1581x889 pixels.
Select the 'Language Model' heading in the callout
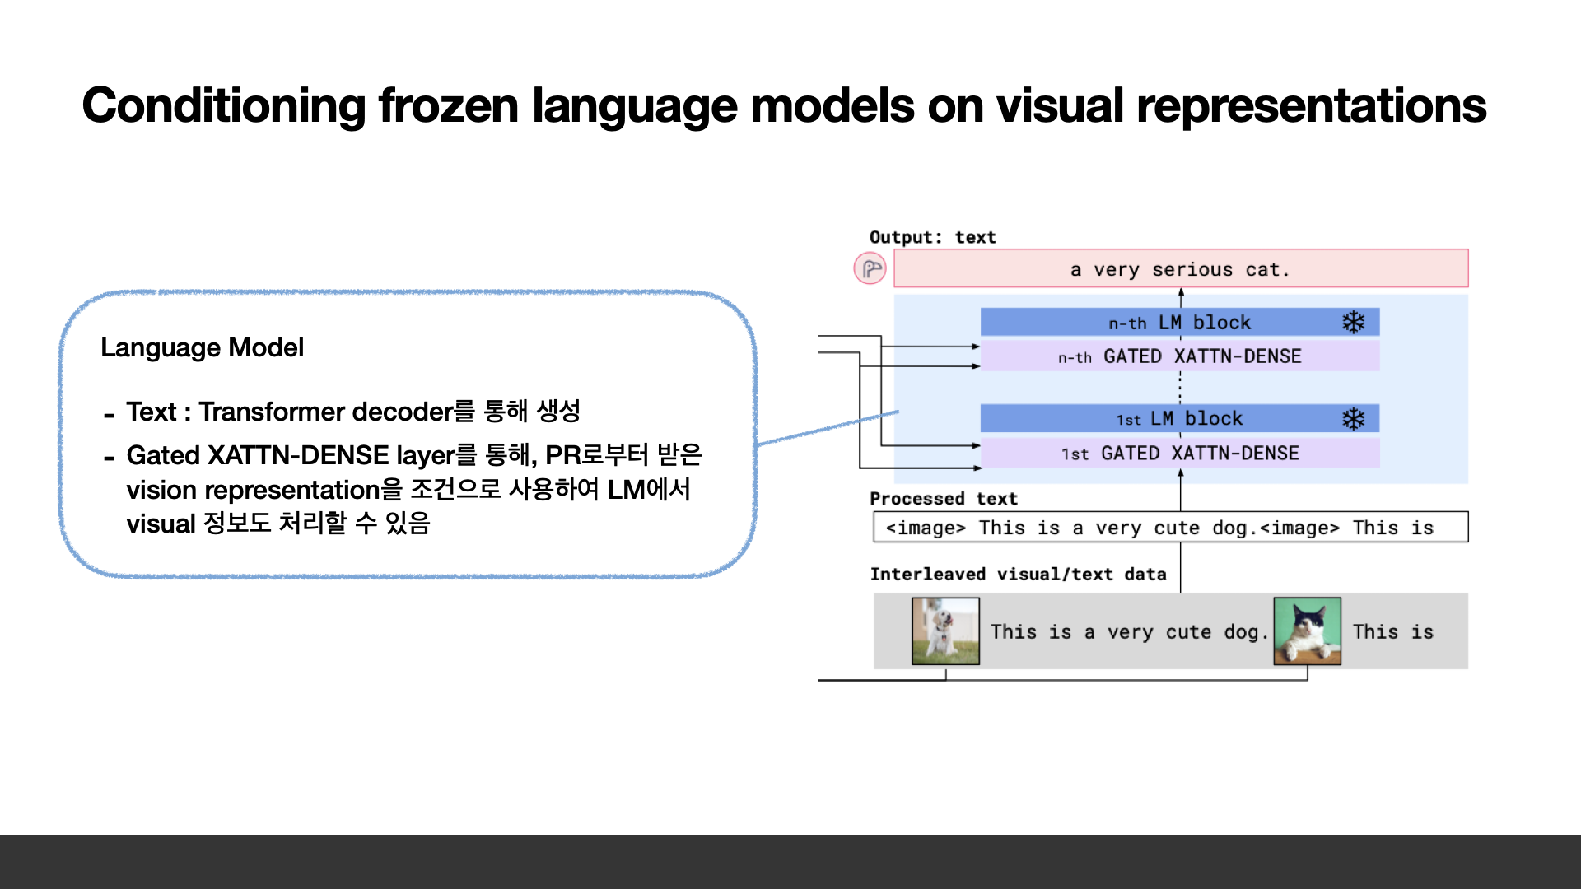click(x=202, y=347)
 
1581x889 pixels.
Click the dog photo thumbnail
click(x=945, y=631)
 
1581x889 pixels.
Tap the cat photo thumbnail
click(x=1307, y=631)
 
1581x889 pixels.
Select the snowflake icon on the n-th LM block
click(x=1353, y=322)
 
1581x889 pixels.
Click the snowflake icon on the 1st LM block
click(x=1353, y=419)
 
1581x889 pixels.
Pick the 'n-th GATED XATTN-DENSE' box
click(x=1179, y=356)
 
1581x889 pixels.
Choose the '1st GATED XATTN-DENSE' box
click(x=1179, y=454)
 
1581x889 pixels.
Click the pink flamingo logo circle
click(x=870, y=268)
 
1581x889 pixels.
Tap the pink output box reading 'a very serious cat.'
click(x=1180, y=269)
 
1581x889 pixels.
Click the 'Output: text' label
click(x=932, y=238)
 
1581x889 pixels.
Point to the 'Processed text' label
click(x=943, y=499)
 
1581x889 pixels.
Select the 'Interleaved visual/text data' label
click(x=1018, y=575)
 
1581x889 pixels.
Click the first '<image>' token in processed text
click(x=926, y=528)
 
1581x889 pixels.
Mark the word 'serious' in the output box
click(x=1192, y=270)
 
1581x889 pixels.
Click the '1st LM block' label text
click(x=1179, y=419)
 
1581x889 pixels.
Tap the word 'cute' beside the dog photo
click(x=1188, y=632)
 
